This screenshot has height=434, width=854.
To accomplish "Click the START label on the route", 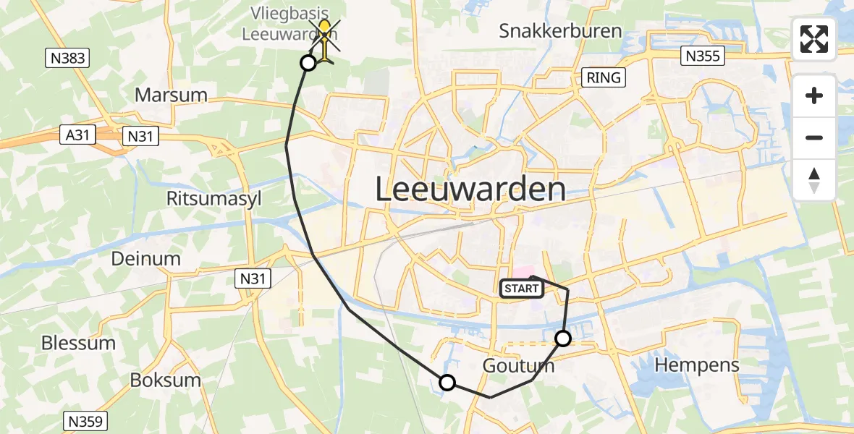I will pos(521,289).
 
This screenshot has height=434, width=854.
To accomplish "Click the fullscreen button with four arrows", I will pos(814,39).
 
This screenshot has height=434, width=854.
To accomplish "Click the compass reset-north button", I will pos(814,180).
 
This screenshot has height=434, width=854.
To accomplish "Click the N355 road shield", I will pos(703,56).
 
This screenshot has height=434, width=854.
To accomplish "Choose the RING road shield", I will pos(604,77).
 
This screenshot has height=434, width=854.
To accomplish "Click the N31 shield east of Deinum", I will pos(251,276).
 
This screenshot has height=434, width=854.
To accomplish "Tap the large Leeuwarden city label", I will pos(470,190).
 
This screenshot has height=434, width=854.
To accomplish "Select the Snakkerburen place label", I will pos(561,31).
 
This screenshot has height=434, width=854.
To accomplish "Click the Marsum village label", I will pos(171,95).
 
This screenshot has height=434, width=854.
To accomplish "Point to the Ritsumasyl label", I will pos(214,199).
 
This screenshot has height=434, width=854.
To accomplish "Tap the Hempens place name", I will pos(697,365).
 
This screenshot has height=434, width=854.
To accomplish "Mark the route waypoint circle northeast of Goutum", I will pos(563,338).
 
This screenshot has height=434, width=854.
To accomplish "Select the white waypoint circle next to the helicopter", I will pos(308,63).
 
